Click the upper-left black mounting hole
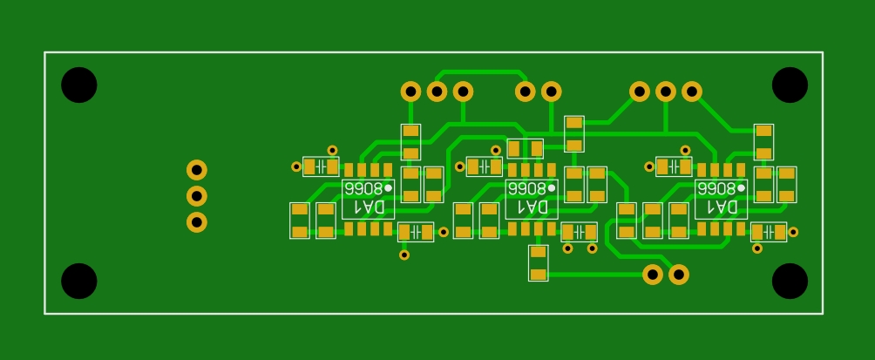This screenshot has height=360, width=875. [78, 85]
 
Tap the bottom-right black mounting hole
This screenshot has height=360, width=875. [790, 281]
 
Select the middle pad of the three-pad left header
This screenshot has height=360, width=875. [197, 196]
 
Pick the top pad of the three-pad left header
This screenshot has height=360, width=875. [197, 170]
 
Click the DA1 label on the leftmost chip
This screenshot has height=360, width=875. [367, 207]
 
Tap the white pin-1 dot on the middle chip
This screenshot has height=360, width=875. [552, 187]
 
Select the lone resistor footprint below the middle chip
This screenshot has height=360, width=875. [539, 263]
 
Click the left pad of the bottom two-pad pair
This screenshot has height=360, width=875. [652, 275]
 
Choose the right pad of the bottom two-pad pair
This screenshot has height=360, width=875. [678, 275]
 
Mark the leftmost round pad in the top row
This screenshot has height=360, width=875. [410, 91]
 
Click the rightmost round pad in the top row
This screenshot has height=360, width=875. [692, 91]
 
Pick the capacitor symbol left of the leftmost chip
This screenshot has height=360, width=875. [321, 166]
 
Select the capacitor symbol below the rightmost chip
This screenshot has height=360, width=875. [769, 232]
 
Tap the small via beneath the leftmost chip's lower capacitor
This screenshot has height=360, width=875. [404, 255]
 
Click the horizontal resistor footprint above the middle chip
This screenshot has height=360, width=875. [525, 148]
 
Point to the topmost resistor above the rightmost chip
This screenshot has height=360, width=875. [763, 142]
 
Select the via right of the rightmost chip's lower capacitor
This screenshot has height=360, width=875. [793, 232]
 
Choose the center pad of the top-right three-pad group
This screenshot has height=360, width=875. [666, 91]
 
